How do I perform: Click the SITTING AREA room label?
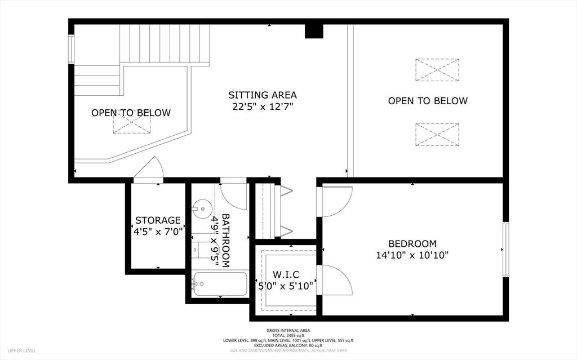coord(262,95)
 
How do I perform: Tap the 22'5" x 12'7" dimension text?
coord(262,106)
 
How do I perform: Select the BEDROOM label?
coord(412,244)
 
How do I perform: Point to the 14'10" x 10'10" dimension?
coord(412,255)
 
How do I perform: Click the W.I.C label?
coord(286,274)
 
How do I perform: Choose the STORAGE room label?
coord(158,220)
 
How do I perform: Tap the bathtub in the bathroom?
coord(220,285)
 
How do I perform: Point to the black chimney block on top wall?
coord(314,31)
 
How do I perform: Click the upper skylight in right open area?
coord(437,70)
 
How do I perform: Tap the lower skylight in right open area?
coord(437,135)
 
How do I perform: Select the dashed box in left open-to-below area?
coord(131,123)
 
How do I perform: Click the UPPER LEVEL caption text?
coord(22,350)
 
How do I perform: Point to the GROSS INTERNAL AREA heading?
coord(288,331)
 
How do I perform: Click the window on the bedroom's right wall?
coord(505,250)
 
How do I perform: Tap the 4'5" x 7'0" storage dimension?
coord(158,231)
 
